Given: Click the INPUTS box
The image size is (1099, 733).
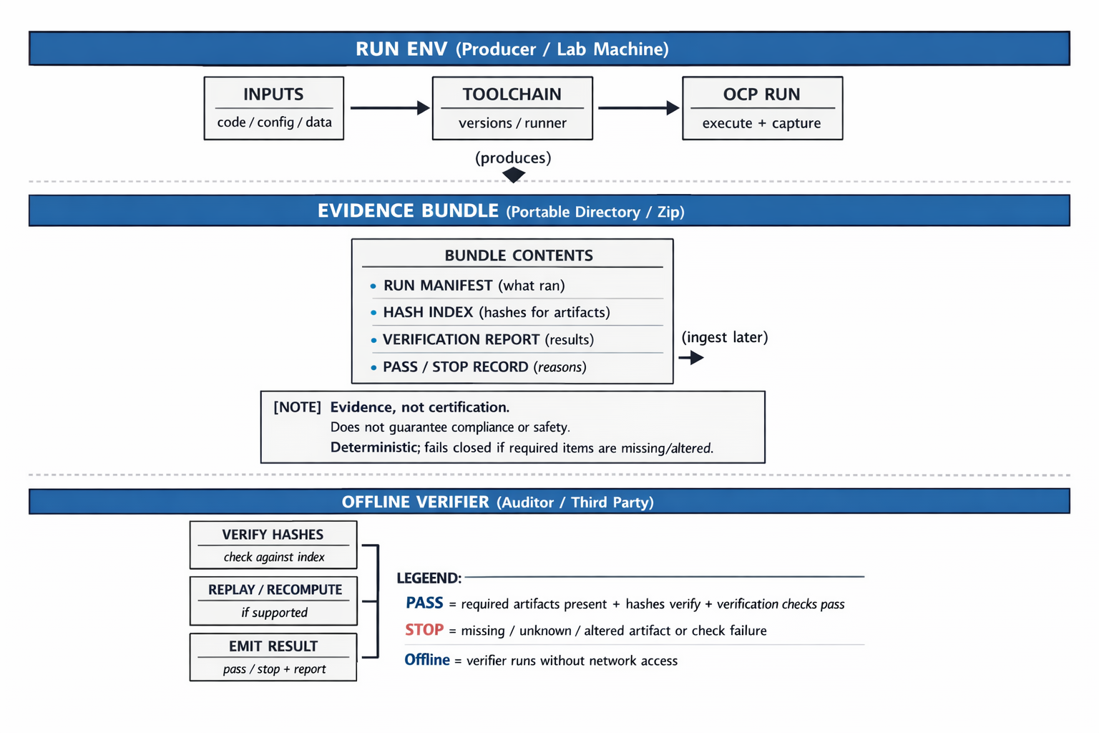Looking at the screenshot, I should [273, 108].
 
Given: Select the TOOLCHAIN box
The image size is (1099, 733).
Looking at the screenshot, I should [512, 108].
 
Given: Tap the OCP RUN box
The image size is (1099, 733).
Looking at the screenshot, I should [762, 108].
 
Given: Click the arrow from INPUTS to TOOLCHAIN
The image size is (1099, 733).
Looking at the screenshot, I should [389, 108].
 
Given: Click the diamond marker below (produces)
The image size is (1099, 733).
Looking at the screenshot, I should [513, 175].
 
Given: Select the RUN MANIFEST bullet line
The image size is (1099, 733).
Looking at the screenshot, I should [474, 286].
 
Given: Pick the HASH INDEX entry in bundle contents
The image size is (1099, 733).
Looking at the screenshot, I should [496, 313].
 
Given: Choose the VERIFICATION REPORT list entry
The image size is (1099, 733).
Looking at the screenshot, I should [488, 340].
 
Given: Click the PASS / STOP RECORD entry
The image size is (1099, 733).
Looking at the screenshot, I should [484, 367].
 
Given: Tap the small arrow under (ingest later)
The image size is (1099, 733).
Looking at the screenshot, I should [691, 357].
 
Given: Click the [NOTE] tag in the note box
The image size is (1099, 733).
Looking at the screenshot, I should [297, 407].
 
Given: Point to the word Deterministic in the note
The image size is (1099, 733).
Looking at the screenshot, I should [374, 448].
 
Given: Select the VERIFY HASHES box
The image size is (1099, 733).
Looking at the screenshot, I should [273, 545].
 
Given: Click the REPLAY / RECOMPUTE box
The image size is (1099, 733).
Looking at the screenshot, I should [273, 601].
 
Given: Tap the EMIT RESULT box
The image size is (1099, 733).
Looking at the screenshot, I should [273, 656].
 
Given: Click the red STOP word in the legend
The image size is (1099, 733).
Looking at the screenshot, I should [424, 630].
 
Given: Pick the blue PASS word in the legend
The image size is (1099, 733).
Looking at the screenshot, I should [424, 603].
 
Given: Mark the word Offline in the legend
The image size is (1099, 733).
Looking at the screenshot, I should [427, 660].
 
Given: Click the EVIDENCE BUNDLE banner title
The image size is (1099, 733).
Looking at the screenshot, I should [408, 211].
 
